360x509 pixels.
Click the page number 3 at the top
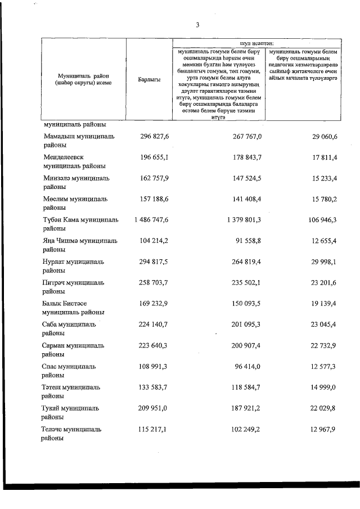197,25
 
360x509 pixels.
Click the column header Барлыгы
149,80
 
